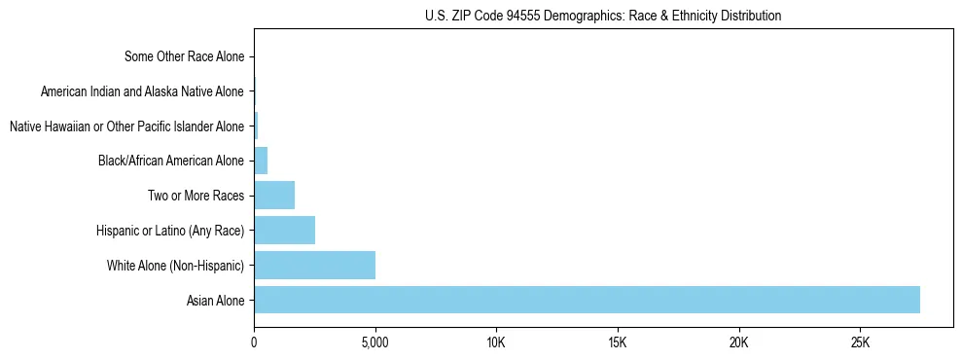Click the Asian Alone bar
tap(587, 300)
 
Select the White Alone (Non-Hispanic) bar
tap(314, 265)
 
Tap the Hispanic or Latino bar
tap(284, 230)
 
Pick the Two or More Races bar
tap(274, 195)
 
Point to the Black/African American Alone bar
tap(261, 161)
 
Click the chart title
tap(603, 17)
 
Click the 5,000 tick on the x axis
tap(374, 342)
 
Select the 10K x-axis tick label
tap(496, 342)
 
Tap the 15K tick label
tap(618, 342)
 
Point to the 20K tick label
tap(739, 342)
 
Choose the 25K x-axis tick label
tap(860, 342)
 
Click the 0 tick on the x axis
tap(254, 342)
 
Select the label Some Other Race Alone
tap(185, 56)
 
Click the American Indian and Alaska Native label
tap(142, 91)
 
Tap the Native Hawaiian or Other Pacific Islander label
tap(126, 126)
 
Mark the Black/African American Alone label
tap(171, 161)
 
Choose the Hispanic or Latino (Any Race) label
tap(170, 231)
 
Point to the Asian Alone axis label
tap(215, 301)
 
